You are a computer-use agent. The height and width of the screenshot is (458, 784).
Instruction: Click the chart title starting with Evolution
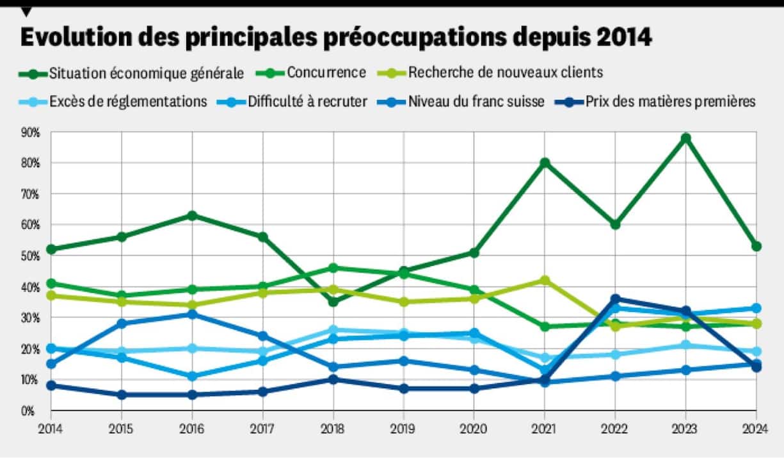[336, 37]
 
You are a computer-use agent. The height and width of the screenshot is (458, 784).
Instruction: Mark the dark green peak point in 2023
[685, 138]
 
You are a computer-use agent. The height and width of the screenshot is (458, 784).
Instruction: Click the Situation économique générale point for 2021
[545, 163]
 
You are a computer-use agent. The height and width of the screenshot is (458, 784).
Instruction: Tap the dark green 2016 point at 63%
[191, 215]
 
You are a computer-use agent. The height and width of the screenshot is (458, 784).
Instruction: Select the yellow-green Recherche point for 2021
[545, 281]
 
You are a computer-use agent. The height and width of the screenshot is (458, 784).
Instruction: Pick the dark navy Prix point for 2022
[615, 299]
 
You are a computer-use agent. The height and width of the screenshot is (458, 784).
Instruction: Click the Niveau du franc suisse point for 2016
[191, 314]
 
